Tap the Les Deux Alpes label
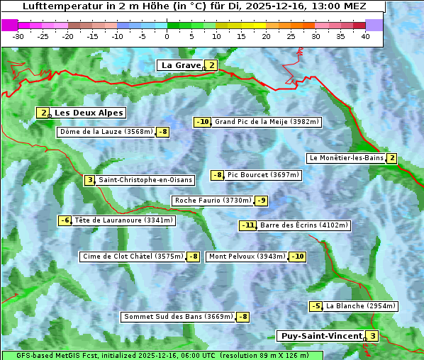tap(89, 113)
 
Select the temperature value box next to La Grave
tap(211, 65)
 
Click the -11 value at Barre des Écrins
tap(247, 225)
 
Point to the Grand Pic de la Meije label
tap(267, 122)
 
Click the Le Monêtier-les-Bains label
tap(346, 158)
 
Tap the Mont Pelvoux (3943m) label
tap(246, 257)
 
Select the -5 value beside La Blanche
tap(316, 306)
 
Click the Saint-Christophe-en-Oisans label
tap(135, 180)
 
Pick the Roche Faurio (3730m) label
tap(213, 201)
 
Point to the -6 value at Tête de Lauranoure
tap(65, 220)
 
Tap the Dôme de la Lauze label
tap(106, 132)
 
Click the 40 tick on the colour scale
tap(365, 35)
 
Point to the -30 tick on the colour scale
tap(18, 35)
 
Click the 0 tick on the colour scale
tap(167, 35)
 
